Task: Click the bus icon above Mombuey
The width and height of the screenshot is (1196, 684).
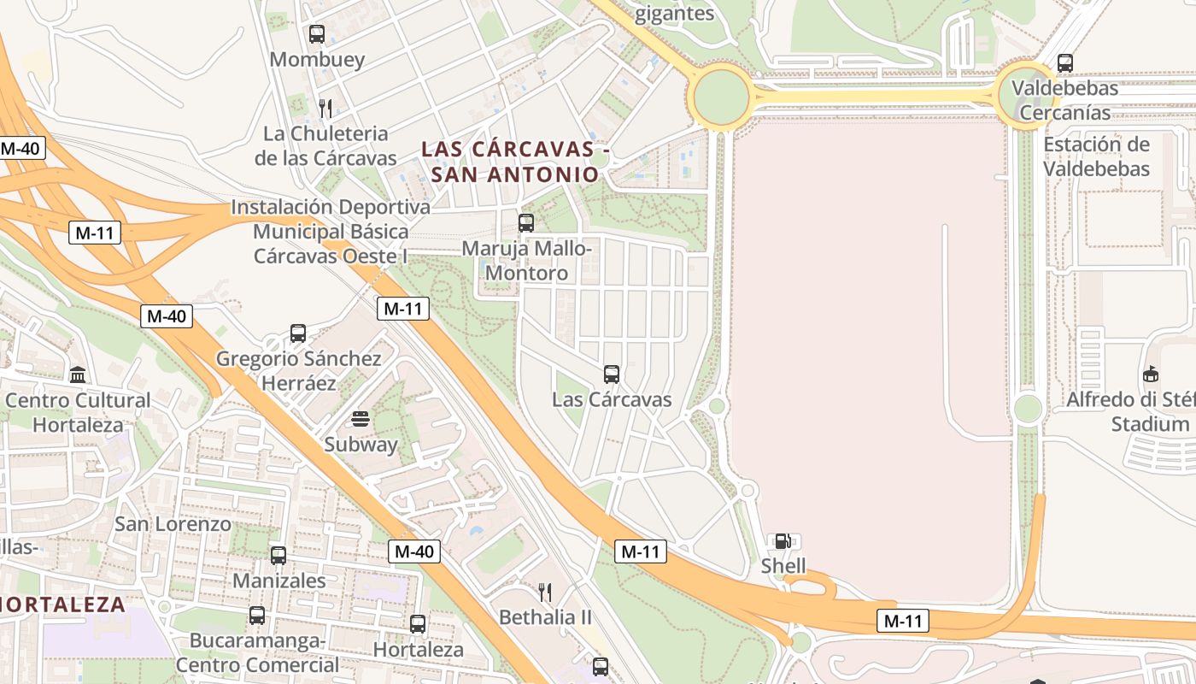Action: (x=317, y=34)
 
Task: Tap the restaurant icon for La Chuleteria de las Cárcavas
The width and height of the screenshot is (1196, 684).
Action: (x=325, y=108)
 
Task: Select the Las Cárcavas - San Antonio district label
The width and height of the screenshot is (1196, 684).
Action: (x=515, y=162)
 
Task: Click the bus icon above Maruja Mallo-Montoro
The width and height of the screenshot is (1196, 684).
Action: (x=526, y=223)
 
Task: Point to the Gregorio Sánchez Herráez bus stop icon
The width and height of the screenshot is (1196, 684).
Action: (x=298, y=333)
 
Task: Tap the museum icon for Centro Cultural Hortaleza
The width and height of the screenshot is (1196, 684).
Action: (x=78, y=374)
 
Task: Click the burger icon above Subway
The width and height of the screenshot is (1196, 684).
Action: (x=361, y=420)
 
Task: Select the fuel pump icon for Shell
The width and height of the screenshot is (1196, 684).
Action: (x=783, y=541)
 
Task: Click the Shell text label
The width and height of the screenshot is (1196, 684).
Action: (x=783, y=566)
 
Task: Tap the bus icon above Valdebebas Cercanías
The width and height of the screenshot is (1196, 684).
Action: (x=1065, y=62)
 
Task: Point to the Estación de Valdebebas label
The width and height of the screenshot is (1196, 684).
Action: (x=1097, y=156)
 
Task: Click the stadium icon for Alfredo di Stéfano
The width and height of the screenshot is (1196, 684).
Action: (x=1151, y=374)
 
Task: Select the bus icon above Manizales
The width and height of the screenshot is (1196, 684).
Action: (x=278, y=556)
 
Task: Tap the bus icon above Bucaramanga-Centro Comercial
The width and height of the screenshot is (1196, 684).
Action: (x=257, y=616)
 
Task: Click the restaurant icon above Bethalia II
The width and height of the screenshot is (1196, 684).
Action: (x=544, y=592)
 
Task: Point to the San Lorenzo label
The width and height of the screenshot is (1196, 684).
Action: (x=173, y=524)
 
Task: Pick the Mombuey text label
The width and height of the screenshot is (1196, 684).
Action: (x=317, y=60)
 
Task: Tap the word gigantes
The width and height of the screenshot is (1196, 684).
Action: (x=675, y=14)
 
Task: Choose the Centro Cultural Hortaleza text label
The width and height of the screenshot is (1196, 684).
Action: (x=78, y=412)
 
